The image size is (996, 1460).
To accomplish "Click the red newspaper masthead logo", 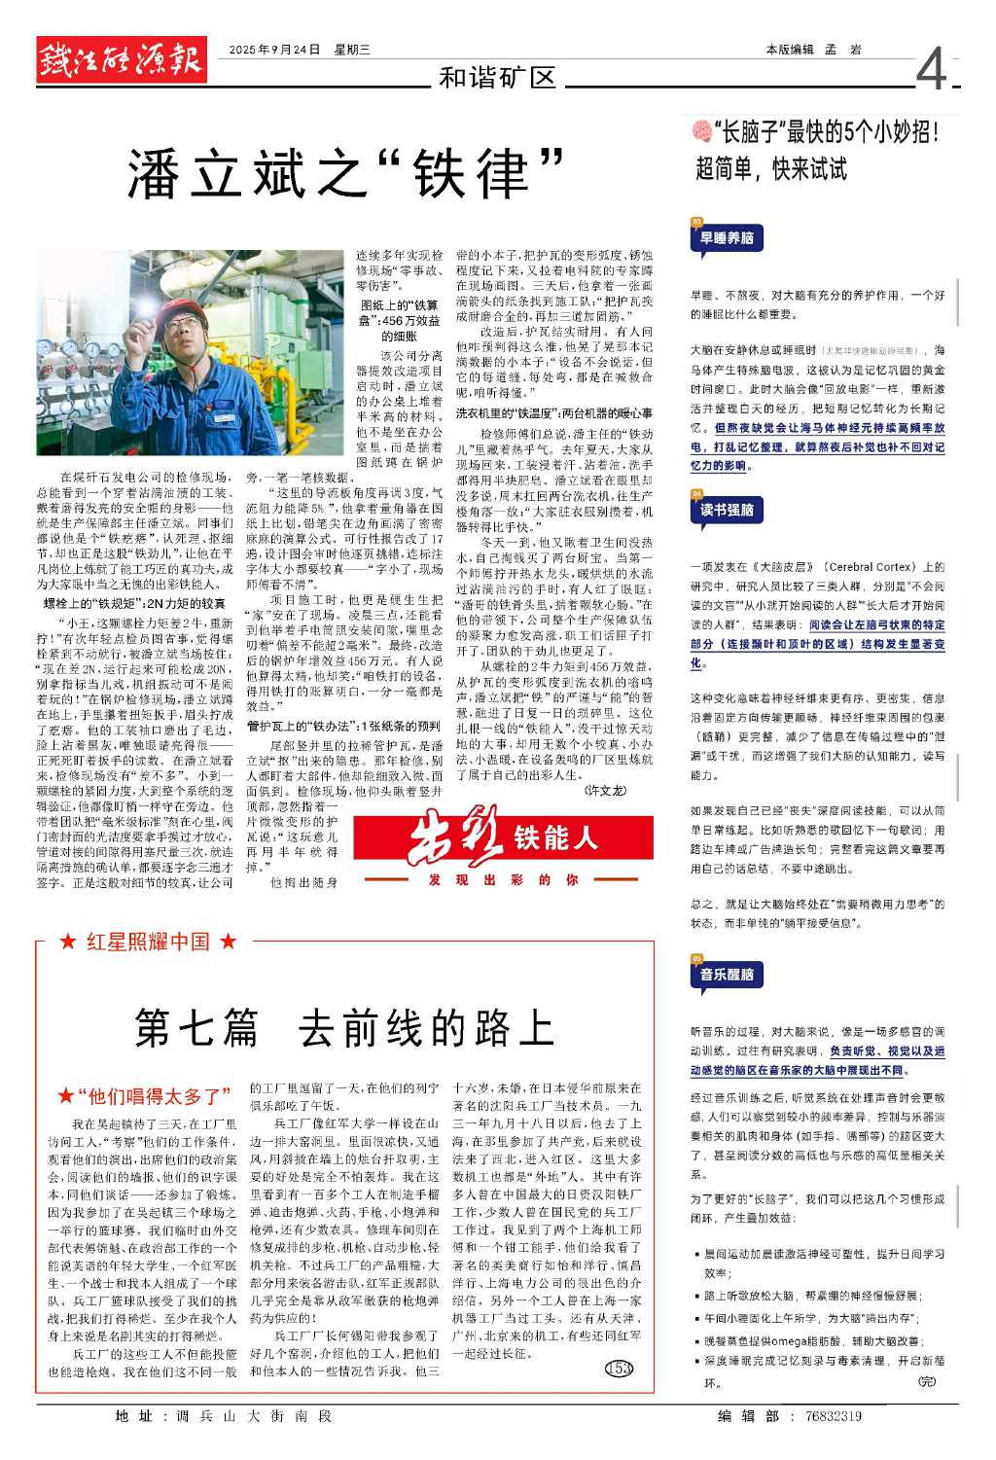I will (122, 59).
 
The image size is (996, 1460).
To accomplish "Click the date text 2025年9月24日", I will (274, 50).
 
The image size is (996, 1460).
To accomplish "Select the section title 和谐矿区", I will (497, 78).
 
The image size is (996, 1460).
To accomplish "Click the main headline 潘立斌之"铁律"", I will (345, 175).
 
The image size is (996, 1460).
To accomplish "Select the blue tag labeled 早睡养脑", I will (727, 238).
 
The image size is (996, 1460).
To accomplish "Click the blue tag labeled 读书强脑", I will (727, 510).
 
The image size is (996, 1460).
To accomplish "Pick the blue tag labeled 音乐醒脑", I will (727, 974).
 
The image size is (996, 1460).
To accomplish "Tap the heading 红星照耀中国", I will (148, 942).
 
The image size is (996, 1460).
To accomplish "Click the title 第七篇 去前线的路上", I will (344, 1027).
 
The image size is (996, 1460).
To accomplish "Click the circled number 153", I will (619, 1369).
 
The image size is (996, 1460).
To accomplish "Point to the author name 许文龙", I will (605, 791).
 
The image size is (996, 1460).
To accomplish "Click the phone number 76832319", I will (833, 1416).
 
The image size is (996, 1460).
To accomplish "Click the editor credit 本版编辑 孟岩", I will (813, 50).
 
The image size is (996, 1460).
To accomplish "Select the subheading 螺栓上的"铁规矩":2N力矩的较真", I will (134, 604).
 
